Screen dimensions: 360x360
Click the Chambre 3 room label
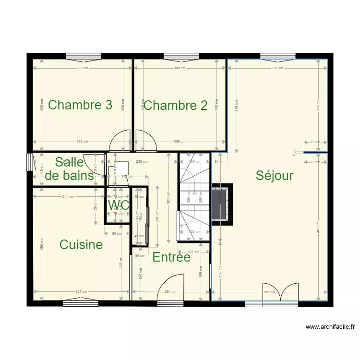80,105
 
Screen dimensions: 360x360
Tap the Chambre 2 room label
176,105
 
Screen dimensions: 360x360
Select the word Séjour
274,175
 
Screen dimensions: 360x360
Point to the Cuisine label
81,244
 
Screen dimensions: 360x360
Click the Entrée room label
171,257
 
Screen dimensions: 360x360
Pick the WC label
119,205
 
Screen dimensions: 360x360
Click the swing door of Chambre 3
120,142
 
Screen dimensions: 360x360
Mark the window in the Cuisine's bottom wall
80,302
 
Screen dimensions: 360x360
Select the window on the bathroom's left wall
30,162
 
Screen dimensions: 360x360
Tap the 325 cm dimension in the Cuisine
81,291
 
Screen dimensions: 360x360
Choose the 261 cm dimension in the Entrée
168,291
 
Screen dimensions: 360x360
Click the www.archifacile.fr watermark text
330,327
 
